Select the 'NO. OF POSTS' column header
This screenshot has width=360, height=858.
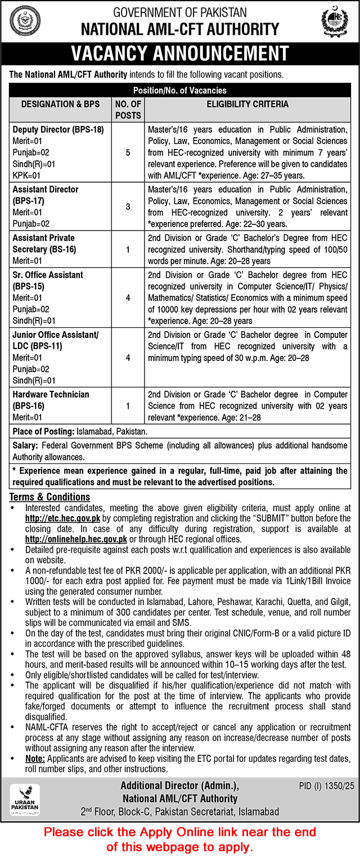click(128, 110)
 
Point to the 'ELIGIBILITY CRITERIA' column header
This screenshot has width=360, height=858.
click(247, 104)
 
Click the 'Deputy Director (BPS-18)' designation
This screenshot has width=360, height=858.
click(58, 129)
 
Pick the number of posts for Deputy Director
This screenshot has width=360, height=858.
click(128, 152)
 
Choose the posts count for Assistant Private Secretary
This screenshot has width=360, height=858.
click(128, 249)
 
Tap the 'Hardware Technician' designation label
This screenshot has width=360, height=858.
click(51, 394)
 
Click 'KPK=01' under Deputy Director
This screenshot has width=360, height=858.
click(28, 175)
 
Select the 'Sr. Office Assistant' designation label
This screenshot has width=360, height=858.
click(48, 275)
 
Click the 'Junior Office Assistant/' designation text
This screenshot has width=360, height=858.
click(55, 335)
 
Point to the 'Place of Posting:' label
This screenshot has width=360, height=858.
click(41, 431)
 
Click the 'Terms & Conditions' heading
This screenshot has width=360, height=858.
click(49, 497)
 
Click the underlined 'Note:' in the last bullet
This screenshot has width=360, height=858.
click(36, 758)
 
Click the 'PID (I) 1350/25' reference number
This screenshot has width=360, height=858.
click(323, 784)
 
